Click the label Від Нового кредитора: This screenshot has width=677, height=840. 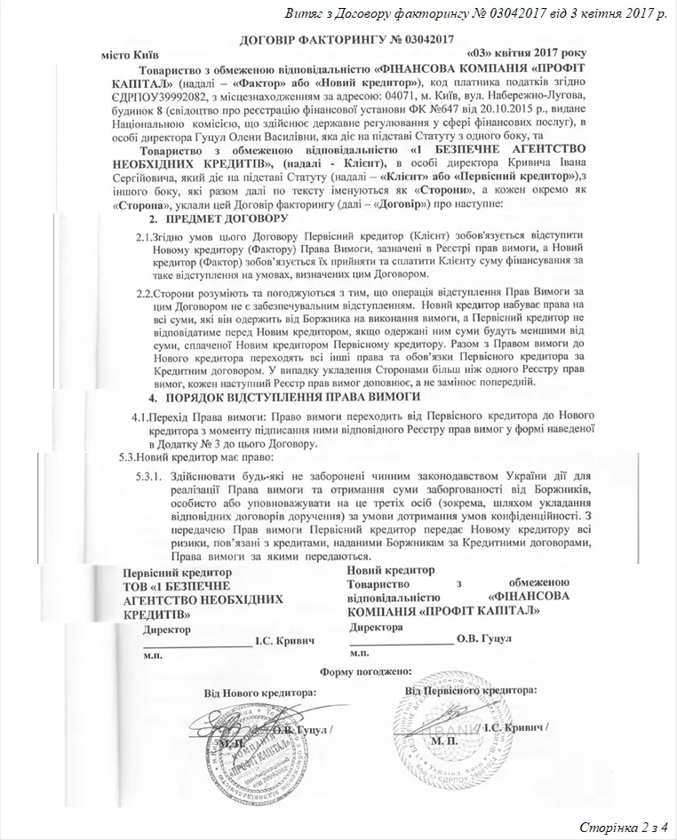pos(260,692)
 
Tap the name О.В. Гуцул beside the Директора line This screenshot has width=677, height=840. pos(482,638)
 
